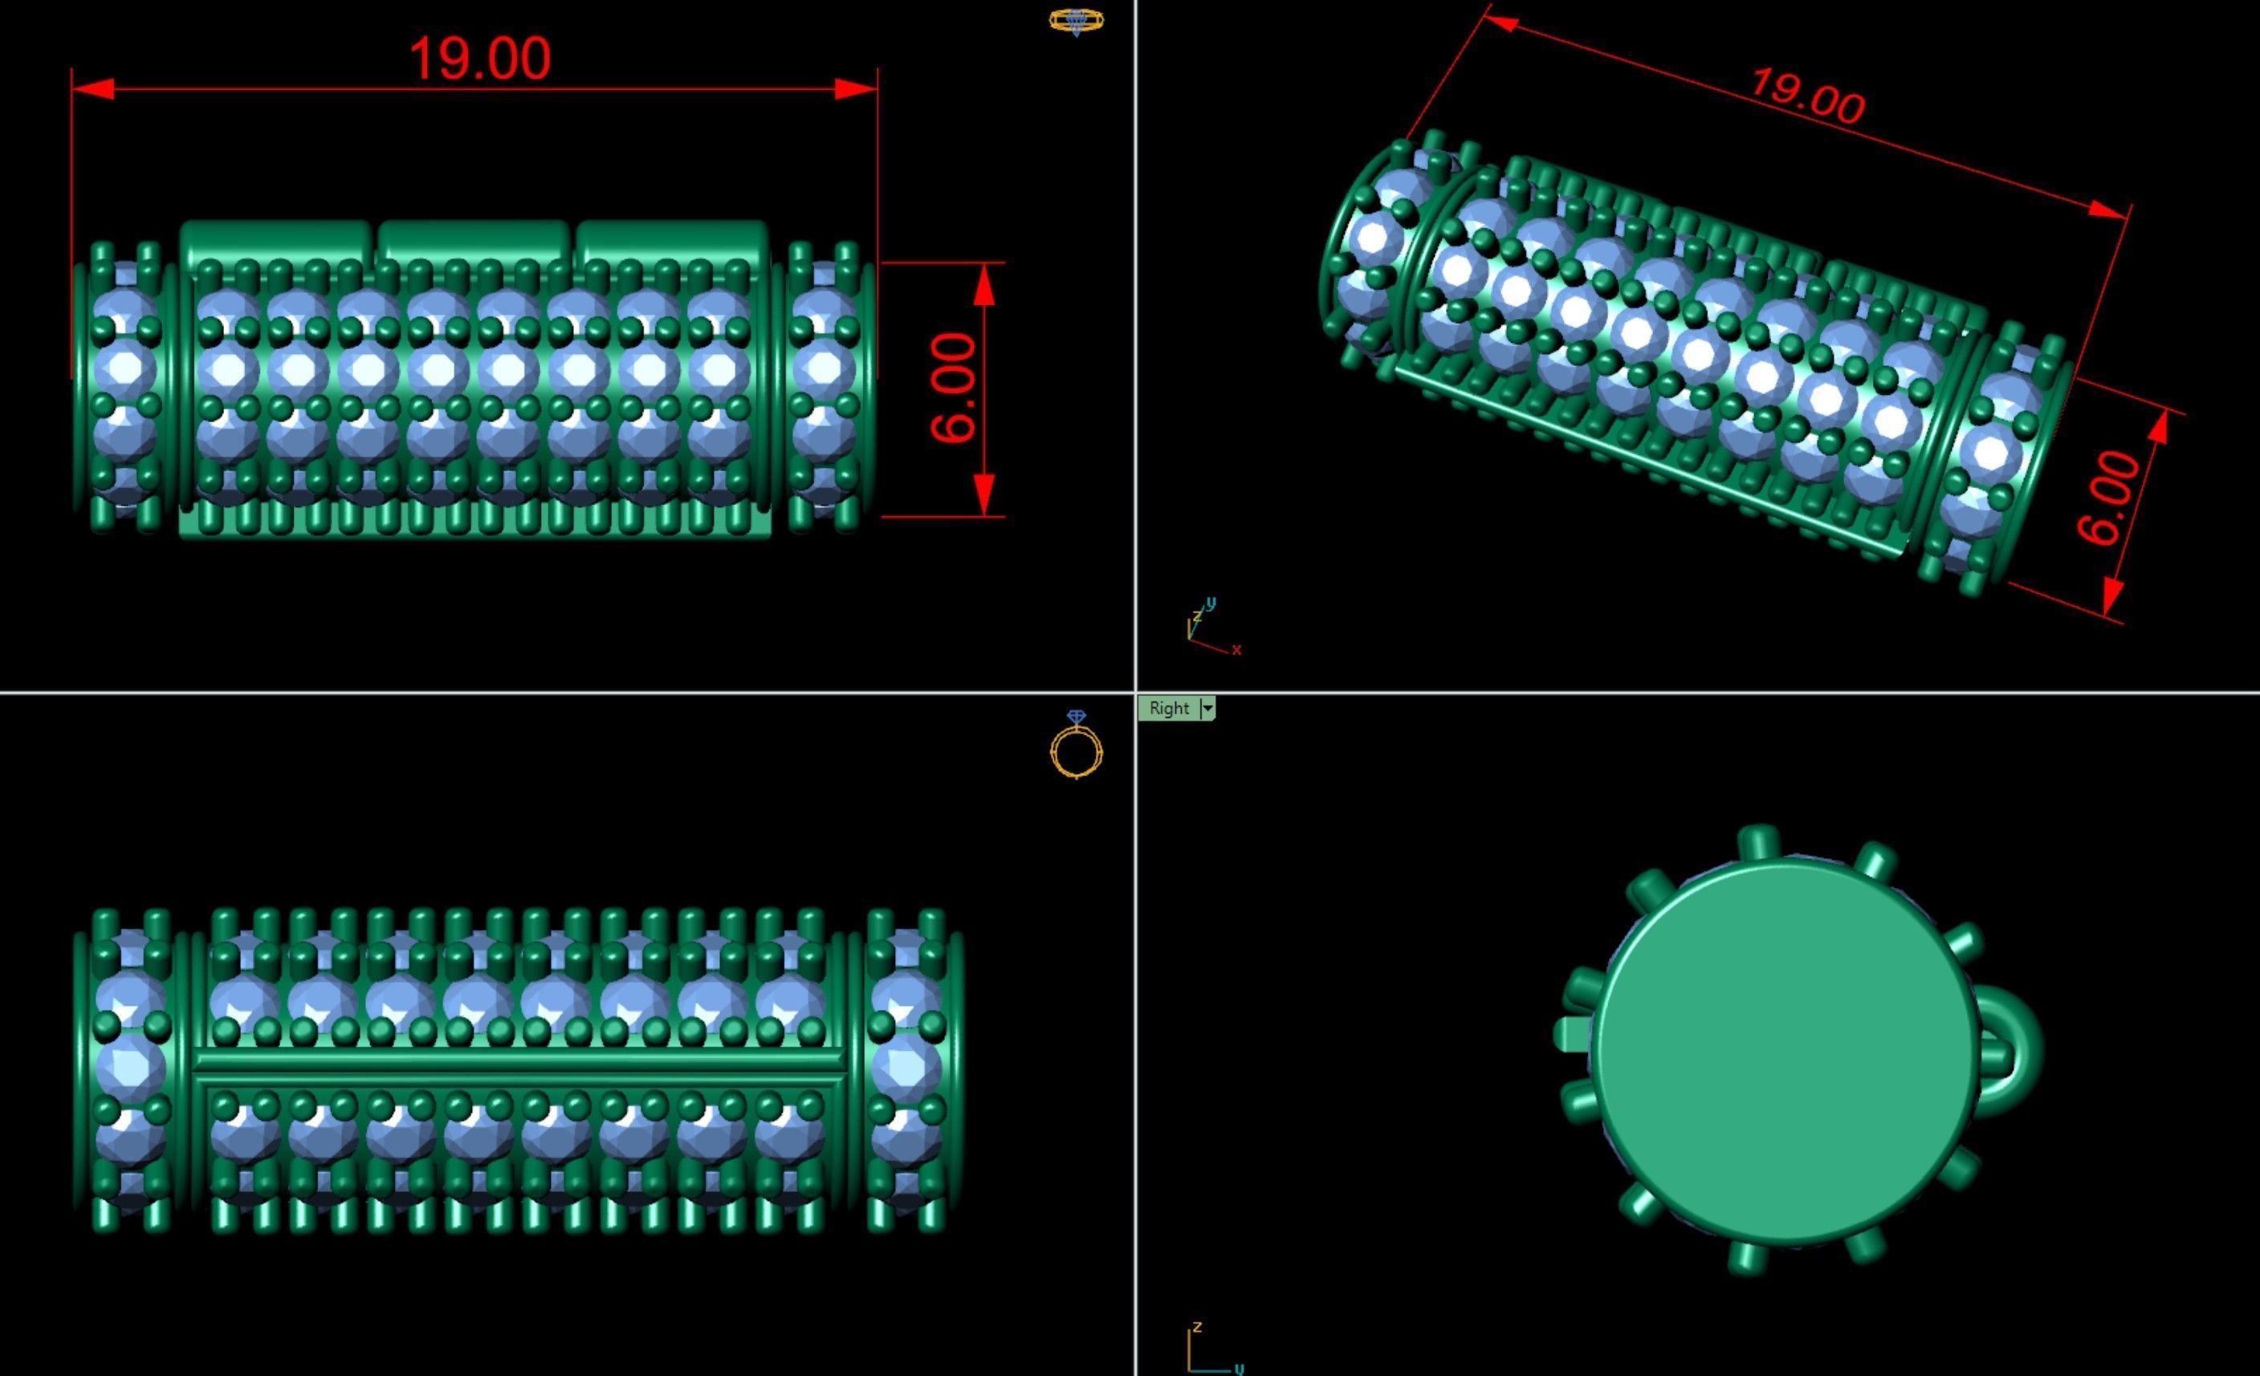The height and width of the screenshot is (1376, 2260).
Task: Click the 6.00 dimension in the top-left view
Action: pos(954,388)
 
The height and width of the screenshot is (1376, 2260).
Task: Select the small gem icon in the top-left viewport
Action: pos(1077,21)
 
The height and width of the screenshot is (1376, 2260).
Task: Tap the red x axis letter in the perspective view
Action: pos(1236,650)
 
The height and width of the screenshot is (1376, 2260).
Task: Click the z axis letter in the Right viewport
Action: pos(1197,1327)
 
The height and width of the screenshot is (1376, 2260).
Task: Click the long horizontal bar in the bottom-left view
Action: pos(518,1061)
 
